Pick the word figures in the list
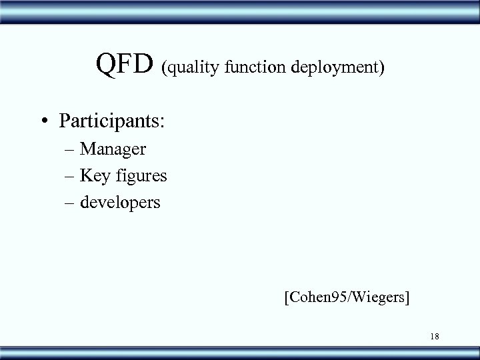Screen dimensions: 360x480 (x=141, y=177)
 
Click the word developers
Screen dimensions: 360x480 (x=121, y=201)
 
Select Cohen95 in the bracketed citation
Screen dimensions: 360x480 (x=317, y=296)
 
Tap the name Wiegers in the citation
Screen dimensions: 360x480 (x=380, y=296)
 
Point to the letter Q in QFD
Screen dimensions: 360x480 (x=107, y=65)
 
